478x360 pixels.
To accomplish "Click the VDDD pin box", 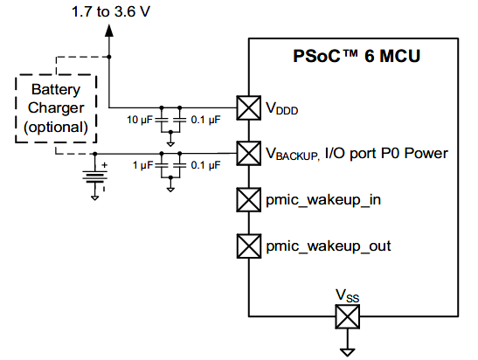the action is point(249,107).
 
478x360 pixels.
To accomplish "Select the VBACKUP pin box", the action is point(249,153).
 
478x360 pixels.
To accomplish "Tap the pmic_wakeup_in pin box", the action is point(249,200).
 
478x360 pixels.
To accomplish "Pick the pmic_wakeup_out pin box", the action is point(249,246).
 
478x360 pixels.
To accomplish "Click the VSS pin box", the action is point(347,316).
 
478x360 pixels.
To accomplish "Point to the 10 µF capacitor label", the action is point(139,120).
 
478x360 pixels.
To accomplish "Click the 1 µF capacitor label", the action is point(142,165).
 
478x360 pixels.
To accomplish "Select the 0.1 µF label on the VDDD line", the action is point(205,120).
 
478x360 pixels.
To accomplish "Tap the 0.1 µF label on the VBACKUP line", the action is point(205,165).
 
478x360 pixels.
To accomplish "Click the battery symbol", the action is point(94,177).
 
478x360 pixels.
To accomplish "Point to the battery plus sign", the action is point(105,165).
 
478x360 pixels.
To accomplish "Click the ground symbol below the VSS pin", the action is point(347,352).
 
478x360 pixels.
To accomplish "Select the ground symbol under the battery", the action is point(94,198).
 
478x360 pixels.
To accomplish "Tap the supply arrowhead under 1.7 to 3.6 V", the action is point(109,31).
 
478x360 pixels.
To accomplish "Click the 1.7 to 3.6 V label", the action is point(111,12).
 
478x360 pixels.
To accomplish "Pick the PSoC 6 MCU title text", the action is point(357,56).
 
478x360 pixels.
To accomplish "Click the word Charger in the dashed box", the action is point(56,108).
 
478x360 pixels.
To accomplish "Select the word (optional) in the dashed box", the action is point(56,127).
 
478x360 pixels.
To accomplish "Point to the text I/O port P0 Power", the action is point(386,153).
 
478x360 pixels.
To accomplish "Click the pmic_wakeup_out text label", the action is point(329,246).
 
